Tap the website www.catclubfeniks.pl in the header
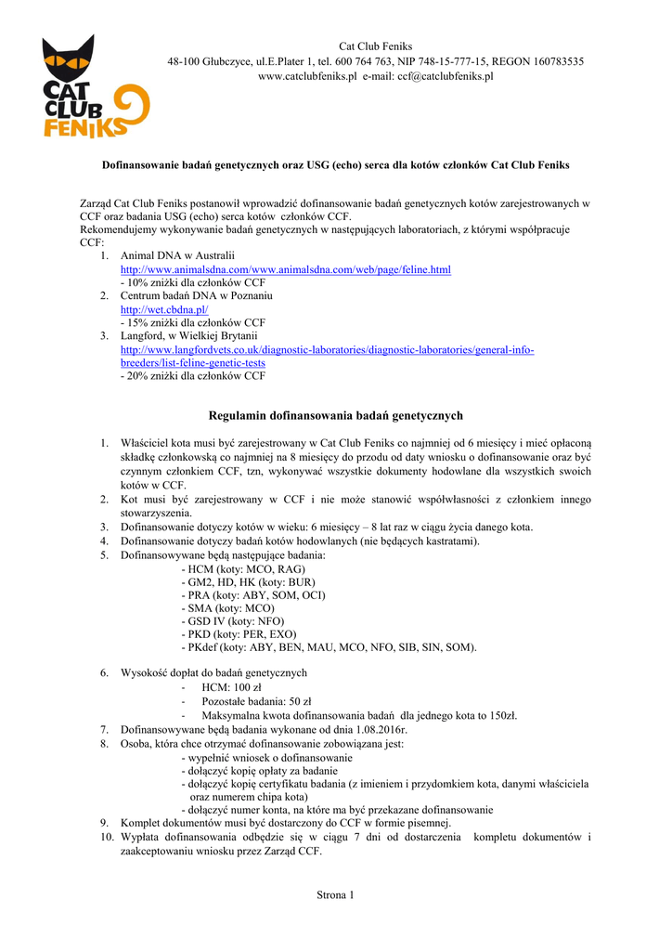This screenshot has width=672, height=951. point(307,76)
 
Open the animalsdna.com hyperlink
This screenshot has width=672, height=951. point(286,269)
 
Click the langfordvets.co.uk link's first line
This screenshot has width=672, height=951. point(328,349)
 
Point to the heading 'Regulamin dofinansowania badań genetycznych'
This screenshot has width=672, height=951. point(335,415)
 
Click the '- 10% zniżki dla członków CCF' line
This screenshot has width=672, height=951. point(193,282)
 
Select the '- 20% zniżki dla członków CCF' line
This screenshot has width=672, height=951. point(193,376)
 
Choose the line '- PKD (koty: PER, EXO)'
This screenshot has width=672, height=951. point(242,633)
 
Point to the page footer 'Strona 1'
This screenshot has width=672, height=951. point(335,895)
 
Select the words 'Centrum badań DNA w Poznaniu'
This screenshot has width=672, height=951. point(196,295)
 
